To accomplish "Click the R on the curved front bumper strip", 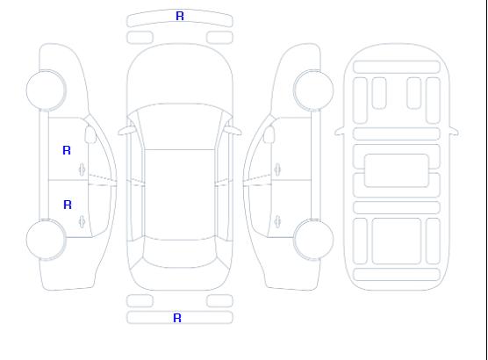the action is coord(180,16).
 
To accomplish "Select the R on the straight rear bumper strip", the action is coord(177,318).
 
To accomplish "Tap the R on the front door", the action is coord(67,150).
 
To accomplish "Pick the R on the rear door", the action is coord(68,205).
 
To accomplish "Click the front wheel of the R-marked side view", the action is coord(46,90).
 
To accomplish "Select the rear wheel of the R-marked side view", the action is coord(46,240).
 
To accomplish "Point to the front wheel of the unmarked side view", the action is coord(313,90).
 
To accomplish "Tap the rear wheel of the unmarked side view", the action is coord(313,240).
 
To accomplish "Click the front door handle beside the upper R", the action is coord(83,169).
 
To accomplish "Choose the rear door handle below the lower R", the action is coord(83,221).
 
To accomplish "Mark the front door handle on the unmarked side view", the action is coord(277,169).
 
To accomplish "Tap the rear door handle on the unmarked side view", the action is coord(277,221).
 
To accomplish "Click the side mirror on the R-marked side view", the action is coord(90,134).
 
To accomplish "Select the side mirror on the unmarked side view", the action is coord(269,134).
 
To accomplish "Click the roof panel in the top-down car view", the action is coord(180,195).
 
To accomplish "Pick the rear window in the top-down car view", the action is coord(180,253).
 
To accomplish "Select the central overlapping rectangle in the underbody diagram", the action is coord(397,170).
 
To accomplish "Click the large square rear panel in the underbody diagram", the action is coord(397,241).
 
